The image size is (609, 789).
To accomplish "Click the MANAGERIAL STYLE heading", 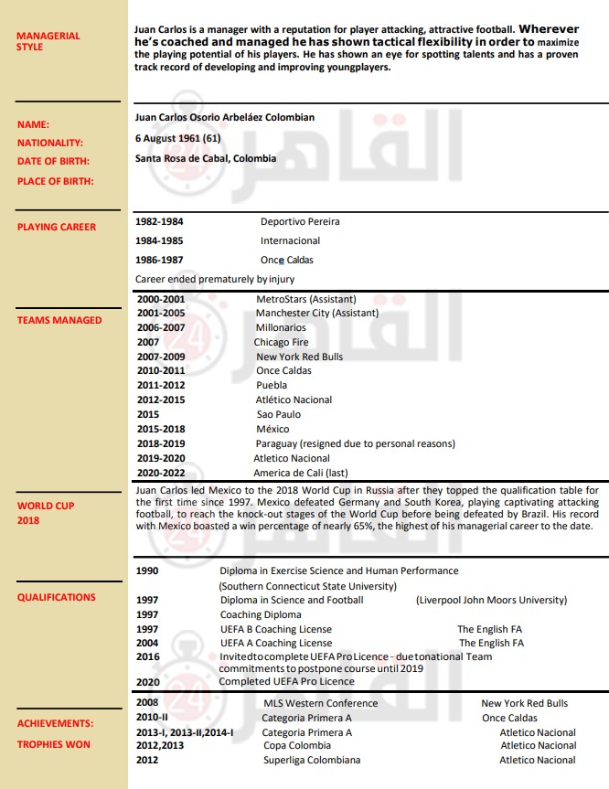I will pos(48,41).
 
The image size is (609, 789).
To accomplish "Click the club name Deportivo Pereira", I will pos(300,221).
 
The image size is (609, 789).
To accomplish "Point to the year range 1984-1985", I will pos(159,240).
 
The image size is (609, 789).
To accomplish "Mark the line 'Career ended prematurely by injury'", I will pos(214,279).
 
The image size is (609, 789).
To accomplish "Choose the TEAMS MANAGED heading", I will pos(59,320).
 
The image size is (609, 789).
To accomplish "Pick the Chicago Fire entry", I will pos(281,342).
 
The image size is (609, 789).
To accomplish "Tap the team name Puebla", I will pos(272,385).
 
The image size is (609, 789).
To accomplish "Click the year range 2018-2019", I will pos(160,443).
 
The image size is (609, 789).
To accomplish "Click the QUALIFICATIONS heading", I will pos(57,597).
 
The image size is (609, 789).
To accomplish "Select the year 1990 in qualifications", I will pos(147,570).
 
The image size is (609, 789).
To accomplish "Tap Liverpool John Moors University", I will pos(491,600).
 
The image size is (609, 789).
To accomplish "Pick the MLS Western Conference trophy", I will pos(320,703).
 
